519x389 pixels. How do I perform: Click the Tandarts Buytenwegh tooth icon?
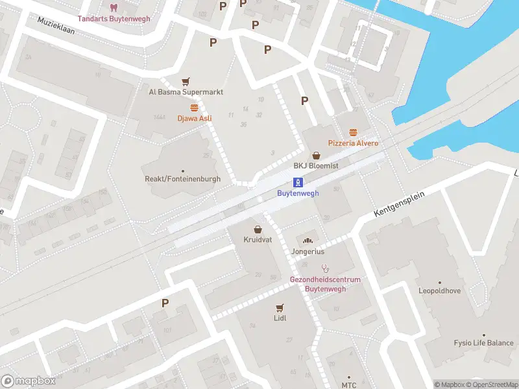114,8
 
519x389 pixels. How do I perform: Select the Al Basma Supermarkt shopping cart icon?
186,82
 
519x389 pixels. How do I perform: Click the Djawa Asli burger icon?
194,108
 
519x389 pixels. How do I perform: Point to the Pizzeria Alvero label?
353,143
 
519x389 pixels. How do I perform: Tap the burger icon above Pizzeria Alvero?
353,132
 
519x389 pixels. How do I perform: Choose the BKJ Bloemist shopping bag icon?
317,156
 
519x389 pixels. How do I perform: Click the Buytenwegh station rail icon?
298,182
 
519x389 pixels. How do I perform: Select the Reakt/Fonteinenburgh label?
182,179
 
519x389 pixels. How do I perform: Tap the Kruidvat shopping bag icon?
258,230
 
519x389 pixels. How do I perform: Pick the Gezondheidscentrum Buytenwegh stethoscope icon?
325,268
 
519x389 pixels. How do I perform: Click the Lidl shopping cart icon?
280,307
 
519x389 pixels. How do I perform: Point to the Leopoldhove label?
439,291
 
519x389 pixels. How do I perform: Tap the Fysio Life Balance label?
483,343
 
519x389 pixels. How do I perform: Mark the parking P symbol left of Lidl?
165,303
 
